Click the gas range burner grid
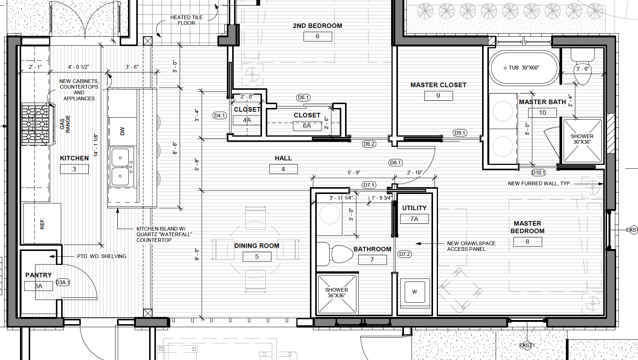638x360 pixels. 35,124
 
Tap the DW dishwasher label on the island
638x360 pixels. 122,131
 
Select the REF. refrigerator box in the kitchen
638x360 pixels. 42,223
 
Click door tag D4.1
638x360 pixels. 220,115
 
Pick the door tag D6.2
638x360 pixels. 369,144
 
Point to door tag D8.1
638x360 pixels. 395,163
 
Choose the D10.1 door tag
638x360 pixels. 538,172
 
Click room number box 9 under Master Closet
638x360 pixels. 438,96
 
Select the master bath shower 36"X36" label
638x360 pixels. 582,139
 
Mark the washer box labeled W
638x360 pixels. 415,292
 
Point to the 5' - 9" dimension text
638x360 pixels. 354,172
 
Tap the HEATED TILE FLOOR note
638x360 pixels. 186,20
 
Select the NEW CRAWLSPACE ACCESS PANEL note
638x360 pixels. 471,246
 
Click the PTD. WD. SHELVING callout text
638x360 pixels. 102,256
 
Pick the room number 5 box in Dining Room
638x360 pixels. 257,257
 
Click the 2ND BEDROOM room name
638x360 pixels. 317,26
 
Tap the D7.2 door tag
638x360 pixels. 405,254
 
